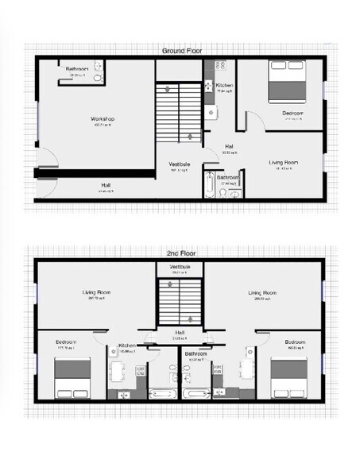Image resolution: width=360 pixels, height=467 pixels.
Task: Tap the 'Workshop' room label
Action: (103, 120)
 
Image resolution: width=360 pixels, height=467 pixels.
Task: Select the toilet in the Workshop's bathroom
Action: (98, 79)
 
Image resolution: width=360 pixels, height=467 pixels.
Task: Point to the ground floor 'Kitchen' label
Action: (224, 85)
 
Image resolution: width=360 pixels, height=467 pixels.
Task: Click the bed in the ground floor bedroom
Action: (285, 82)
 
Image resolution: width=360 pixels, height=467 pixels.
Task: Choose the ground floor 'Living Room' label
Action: (286, 162)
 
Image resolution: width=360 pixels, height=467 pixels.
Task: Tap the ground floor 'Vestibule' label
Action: (180, 164)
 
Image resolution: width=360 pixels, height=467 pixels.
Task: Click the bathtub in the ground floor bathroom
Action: (210, 184)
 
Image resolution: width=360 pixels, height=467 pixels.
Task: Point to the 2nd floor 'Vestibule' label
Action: (180, 267)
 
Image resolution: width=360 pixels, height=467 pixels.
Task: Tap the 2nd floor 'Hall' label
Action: (180, 333)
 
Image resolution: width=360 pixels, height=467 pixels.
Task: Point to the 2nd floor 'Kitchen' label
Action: (127, 345)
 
